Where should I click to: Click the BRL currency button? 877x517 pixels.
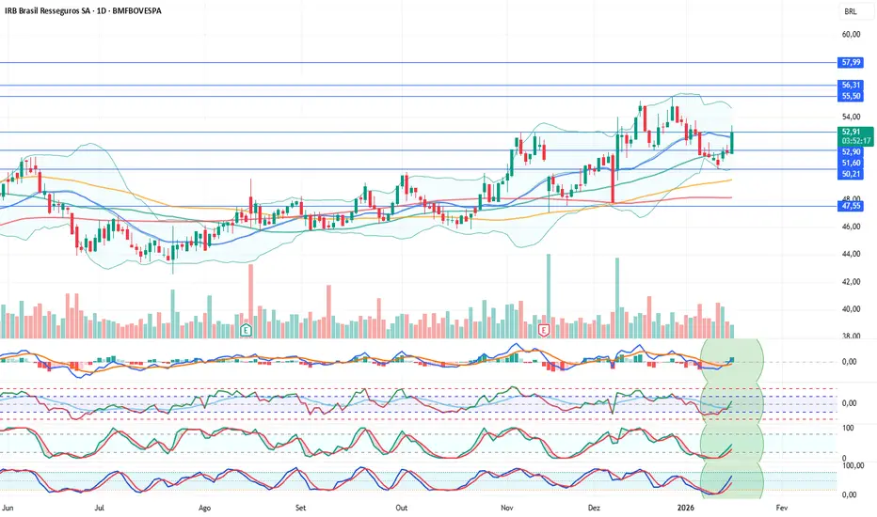(x=851, y=12)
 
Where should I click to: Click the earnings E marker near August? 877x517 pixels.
(x=246, y=330)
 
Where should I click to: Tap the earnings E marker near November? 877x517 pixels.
(x=543, y=330)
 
